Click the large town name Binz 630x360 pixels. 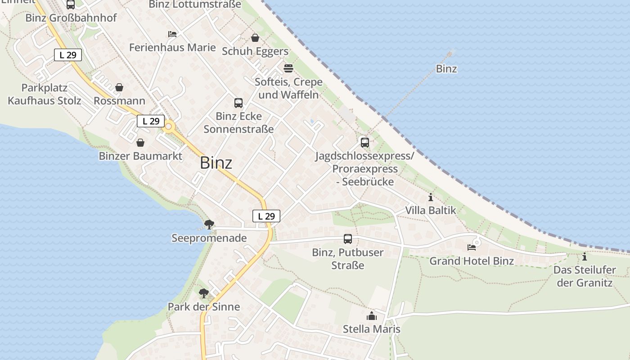[216, 162]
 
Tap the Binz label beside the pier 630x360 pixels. [446, 69]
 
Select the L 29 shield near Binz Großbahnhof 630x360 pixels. [68, 55]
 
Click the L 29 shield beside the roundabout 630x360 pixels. [151, 121]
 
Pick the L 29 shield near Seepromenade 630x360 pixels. [266, 216]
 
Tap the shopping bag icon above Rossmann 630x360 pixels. [119, 87]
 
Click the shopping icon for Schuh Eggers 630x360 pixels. [255, 38]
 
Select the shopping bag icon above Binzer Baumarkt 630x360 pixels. [140, 143]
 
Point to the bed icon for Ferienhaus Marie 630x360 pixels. [172, 34]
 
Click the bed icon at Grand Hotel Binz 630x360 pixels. [471, 247]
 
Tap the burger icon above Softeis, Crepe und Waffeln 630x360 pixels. [288, 68]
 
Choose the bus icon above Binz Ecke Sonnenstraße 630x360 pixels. [238, 103]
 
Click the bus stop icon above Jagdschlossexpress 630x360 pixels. [365, 143]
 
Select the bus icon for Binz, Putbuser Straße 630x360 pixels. [348, 239]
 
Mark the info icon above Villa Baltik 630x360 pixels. [431, 197]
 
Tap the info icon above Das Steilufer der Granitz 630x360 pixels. [585, 257]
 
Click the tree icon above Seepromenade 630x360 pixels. [209, 224]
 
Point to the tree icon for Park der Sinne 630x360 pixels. [204, 293]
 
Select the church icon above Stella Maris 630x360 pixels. [372, 316]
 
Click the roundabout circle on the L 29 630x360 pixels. [169, 127]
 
